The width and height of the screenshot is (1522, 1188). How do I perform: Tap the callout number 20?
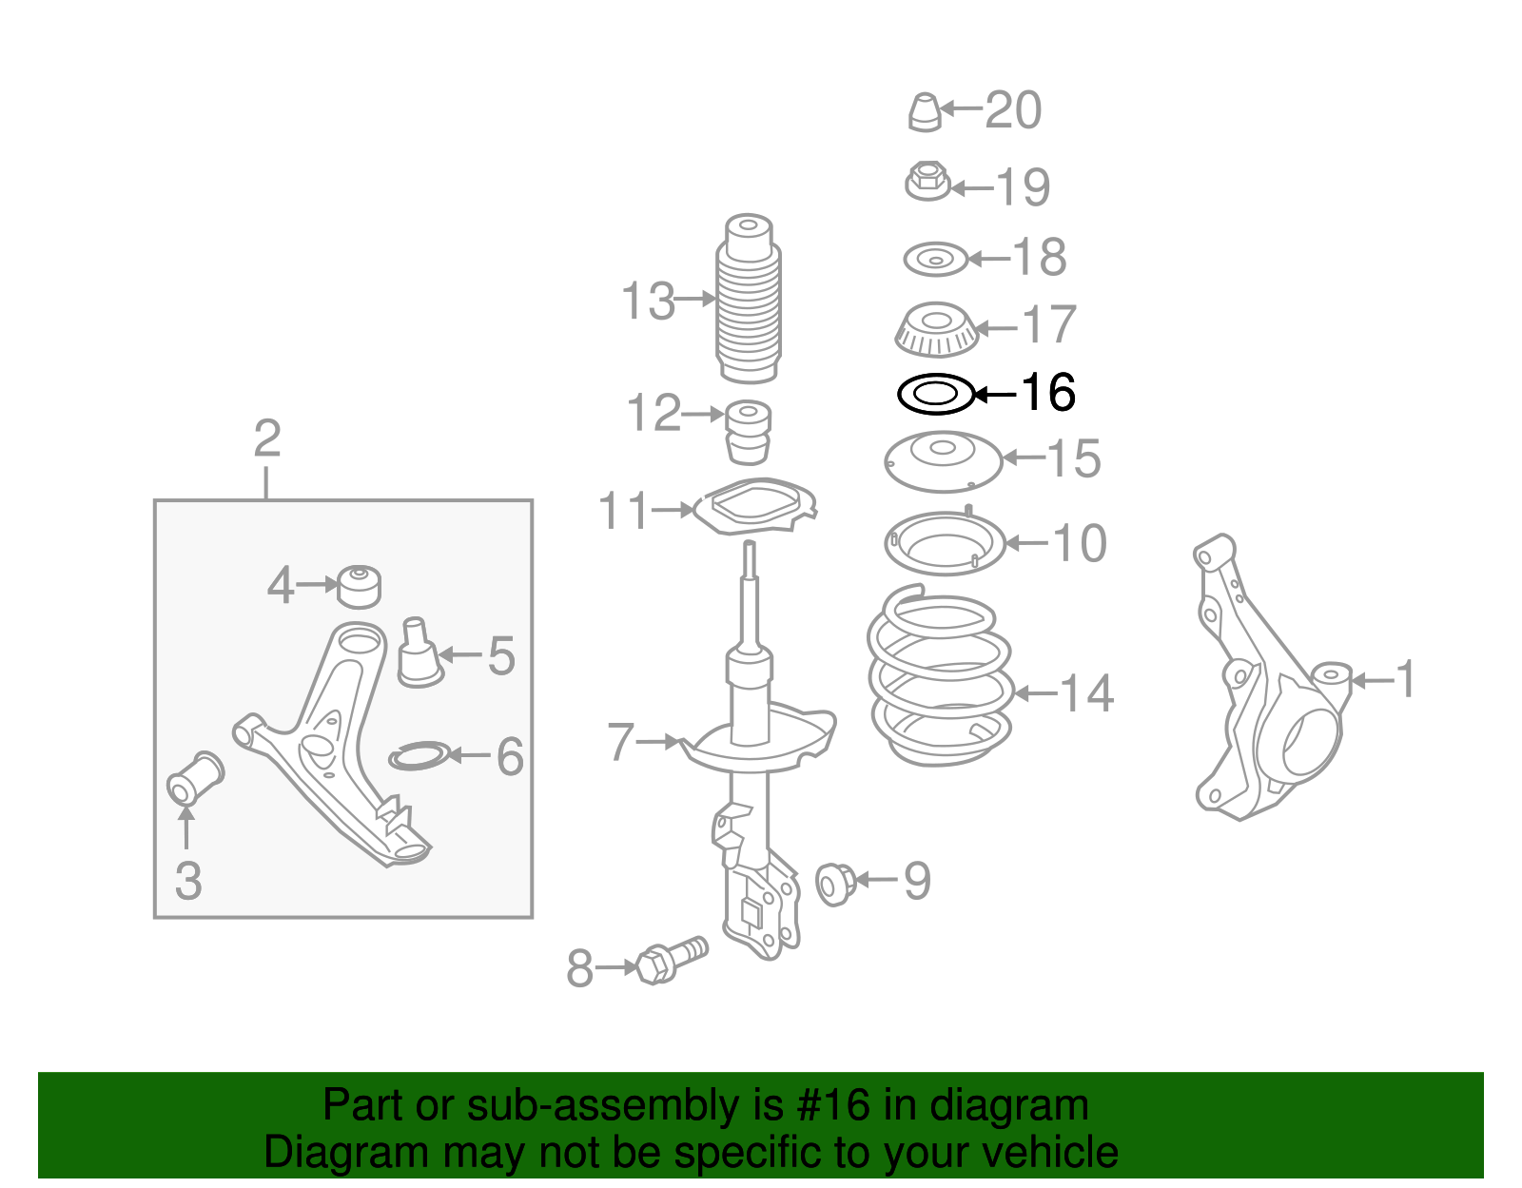(1013, 110)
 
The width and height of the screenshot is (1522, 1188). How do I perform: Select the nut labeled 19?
(927, 181)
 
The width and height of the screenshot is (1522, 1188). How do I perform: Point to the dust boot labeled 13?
(749, 300)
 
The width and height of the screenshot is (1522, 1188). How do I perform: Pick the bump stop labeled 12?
(749, 432)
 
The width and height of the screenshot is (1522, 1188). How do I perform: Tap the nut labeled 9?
(835, 884)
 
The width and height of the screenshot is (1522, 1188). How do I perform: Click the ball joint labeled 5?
(419, 654)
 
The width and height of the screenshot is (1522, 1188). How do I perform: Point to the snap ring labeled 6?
(418, 757)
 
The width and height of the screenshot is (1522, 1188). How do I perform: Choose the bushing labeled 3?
(195, 777)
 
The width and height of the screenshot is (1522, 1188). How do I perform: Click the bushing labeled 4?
(360, 585)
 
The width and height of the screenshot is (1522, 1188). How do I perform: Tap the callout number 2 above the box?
(267, 438)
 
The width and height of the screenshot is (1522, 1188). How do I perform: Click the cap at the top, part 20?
(924, 112)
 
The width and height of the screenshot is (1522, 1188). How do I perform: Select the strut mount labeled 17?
(936, 329)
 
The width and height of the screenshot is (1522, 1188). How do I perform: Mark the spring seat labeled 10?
(945, 544)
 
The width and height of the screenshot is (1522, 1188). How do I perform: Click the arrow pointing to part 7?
(658, 741)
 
